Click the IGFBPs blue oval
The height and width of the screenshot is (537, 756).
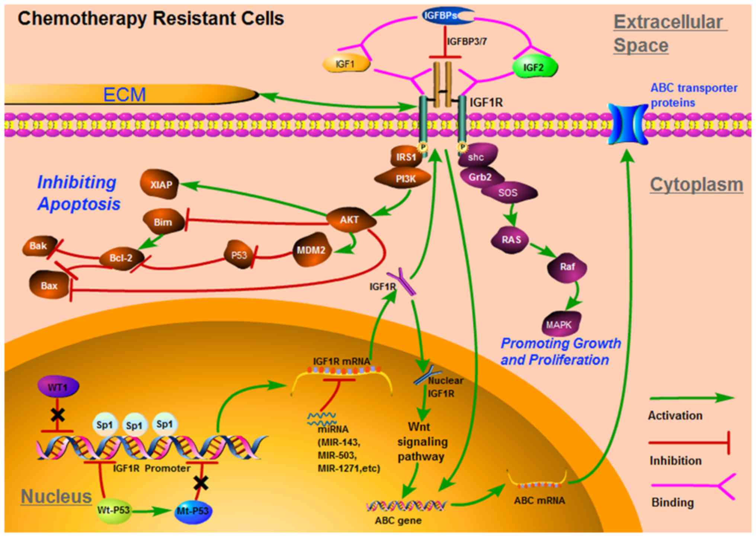click(449, 16)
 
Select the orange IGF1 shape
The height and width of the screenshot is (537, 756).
click(346, 64)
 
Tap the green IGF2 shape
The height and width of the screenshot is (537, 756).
click(535, 67)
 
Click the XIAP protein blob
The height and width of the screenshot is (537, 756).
click(159, 184)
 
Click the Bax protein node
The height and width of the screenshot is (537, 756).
click(49, 285)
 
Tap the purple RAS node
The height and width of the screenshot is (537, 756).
click(510, 240)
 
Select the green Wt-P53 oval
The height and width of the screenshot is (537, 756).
click(114, 510)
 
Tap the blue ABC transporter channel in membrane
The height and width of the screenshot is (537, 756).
click(628, 124)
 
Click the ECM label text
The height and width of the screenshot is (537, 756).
click(124, 94)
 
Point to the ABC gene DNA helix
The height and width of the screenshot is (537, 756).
click(406, 506)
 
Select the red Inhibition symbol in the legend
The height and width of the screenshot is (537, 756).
click(689, 443)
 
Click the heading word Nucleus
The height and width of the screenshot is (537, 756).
click(56, 496)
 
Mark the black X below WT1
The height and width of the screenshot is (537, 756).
click(58, 415)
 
